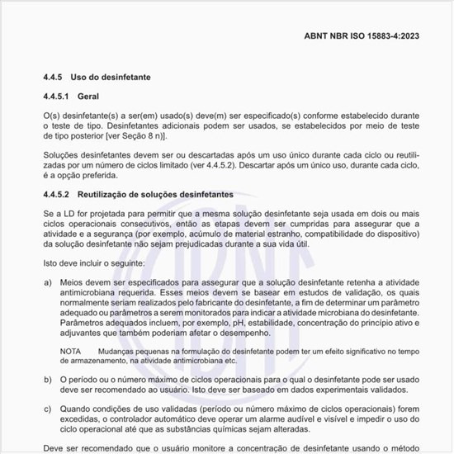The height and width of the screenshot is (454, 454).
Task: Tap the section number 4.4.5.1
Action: (59, 97)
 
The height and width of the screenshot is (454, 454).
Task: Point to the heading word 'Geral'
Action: (100, 97)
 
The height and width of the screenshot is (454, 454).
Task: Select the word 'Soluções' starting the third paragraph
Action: (63, 154)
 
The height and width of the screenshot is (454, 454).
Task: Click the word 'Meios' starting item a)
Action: (73, 281)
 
